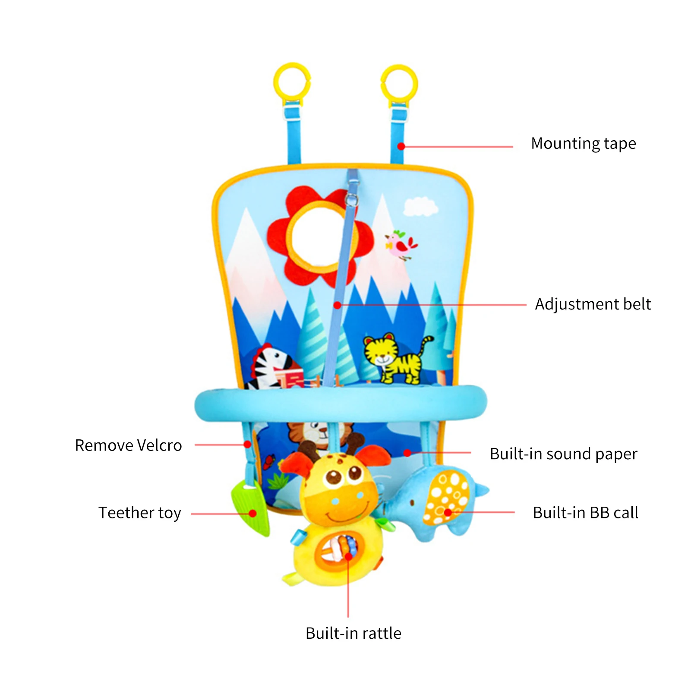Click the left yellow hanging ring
(x=292, y=82)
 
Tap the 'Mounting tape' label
(x=583, y=144)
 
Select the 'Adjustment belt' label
(x=593, y=304)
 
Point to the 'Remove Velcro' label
(x=128, y=445)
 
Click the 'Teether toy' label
(x=139, y=513)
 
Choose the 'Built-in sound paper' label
(x=563, y=454)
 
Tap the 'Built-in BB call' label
(x=585, y=513)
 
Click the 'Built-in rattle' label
(x=353, y=633)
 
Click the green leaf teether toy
(x=250, y=507)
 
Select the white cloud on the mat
(x=420, y=206)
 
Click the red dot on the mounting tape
(x=401, y=147)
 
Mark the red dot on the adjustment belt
(x=338, y=305)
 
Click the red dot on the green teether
(x=253, y=513)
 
